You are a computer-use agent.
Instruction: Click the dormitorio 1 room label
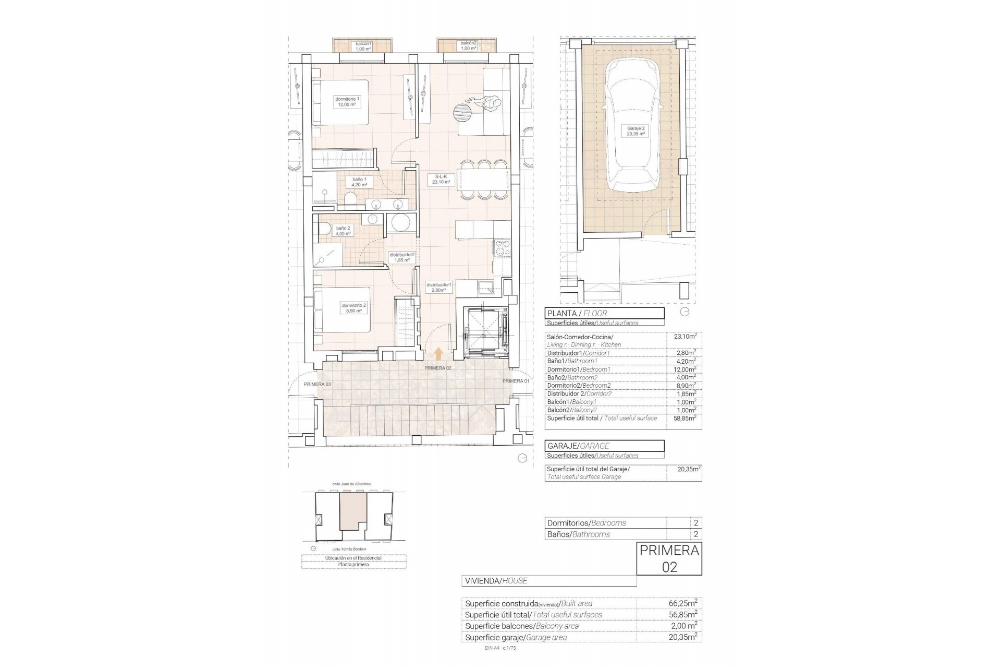(347, 102)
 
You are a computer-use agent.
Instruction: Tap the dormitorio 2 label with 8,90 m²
(354, 308)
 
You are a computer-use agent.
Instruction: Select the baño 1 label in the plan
(359, 182)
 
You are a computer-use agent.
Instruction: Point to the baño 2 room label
(343, 231)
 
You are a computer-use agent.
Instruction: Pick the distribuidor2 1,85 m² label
(402, 257)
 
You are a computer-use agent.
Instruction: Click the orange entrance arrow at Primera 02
(438, 354)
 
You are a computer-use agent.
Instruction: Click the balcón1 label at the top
(363, 46)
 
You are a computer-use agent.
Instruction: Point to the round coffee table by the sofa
(462, 112)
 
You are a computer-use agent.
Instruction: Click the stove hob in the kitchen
(502, 248)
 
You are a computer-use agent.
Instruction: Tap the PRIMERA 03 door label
(317, 384)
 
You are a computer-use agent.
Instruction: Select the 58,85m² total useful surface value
(685, 419)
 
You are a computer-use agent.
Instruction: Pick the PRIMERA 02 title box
(669, 559)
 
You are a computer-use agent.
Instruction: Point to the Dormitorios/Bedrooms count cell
(695, 523)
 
